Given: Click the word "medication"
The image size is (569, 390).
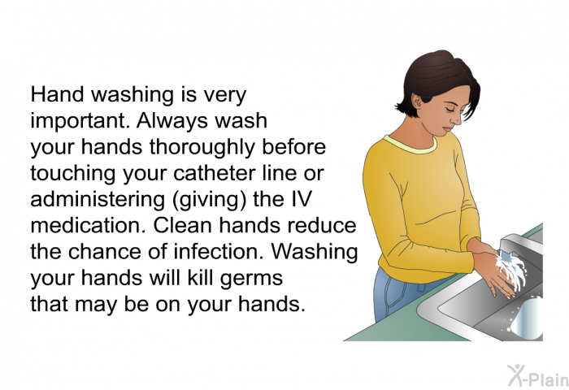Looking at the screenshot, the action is tap(89, 225).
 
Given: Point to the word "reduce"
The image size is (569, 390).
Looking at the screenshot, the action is tap(322, 225).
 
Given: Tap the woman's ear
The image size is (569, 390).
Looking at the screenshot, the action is tap(418, 102).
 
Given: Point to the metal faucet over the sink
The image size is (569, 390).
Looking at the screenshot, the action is tap(519, 242).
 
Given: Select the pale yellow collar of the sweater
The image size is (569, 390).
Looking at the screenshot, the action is tap(410, 145).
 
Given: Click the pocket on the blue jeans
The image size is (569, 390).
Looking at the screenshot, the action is tap(394, 296).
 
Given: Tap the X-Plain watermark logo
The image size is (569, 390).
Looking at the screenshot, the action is tap(537, 376).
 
